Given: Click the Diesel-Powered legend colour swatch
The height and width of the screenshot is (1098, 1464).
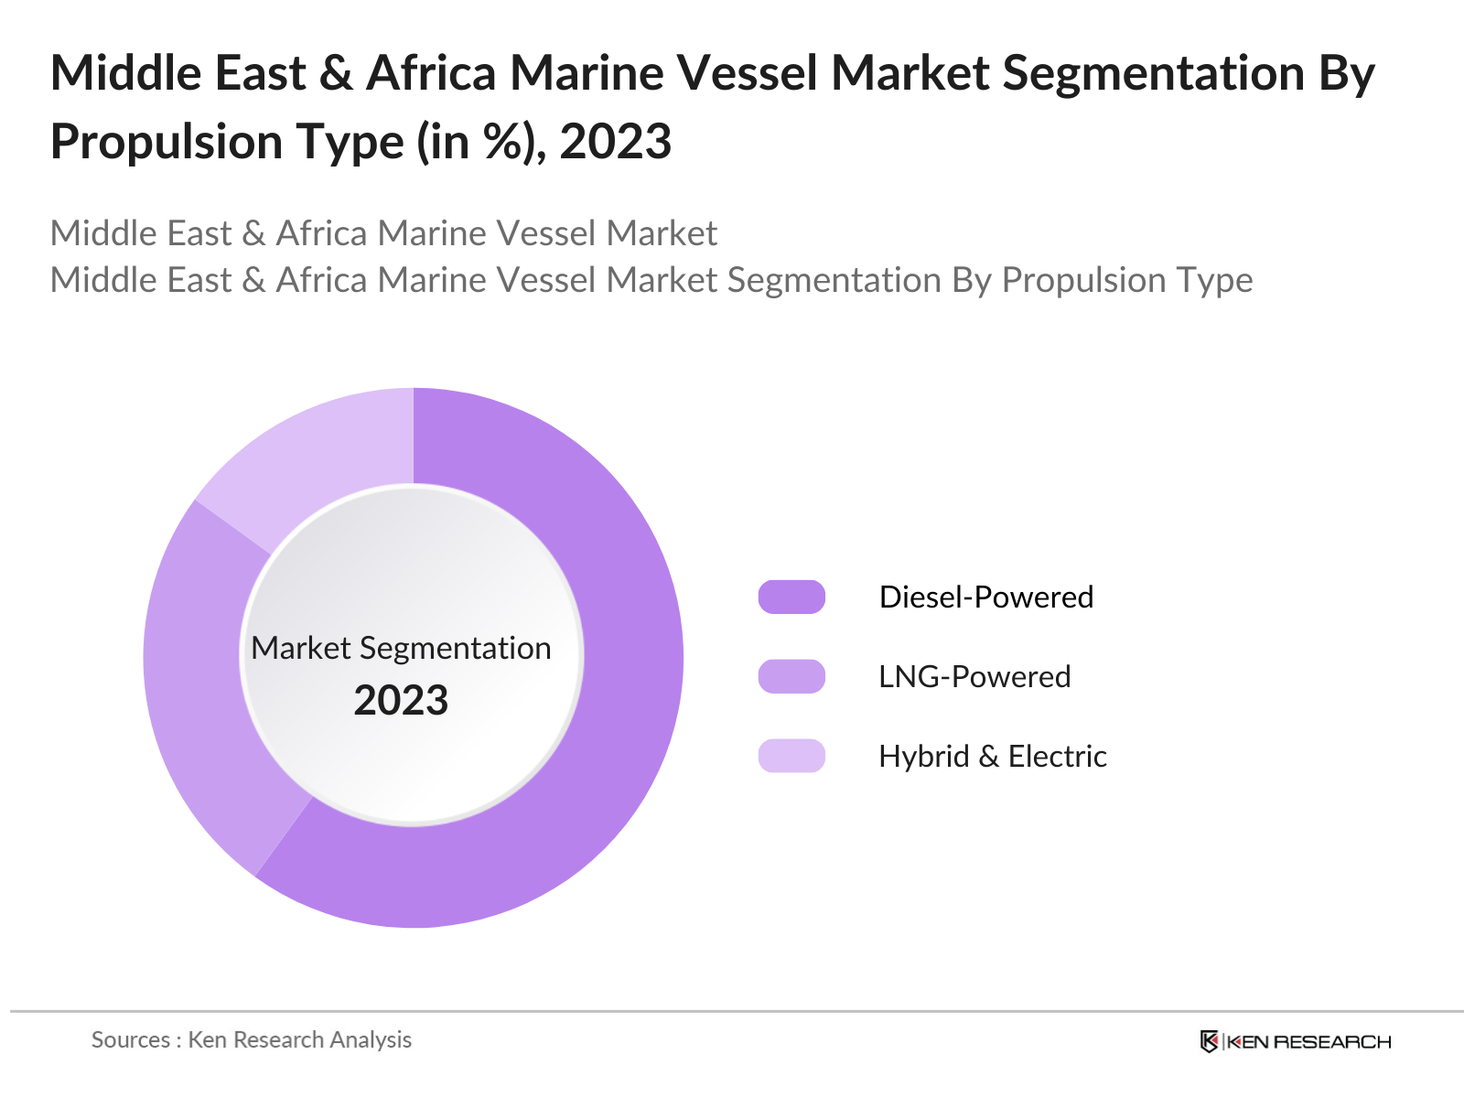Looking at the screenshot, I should (791, 597).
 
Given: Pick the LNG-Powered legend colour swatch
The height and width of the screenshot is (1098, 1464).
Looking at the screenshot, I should (791, 676).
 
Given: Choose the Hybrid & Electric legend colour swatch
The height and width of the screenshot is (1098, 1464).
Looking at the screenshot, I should (791, 756).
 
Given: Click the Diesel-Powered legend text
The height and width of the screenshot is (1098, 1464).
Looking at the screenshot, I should (985, 597).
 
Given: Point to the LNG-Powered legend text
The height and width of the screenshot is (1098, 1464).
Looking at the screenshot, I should (974, 676).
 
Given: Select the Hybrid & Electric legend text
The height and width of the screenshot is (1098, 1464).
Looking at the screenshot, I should (992, 756).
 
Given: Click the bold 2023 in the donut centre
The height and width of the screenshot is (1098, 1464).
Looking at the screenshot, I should (401, 701).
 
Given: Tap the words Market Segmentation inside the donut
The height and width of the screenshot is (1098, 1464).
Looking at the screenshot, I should (401, 648).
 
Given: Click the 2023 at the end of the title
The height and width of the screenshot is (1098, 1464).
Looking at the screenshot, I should (615, 142).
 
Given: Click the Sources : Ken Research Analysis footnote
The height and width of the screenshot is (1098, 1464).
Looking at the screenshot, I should (251, 1039).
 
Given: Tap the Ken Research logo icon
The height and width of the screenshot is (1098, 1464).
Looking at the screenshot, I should (1209, 1041).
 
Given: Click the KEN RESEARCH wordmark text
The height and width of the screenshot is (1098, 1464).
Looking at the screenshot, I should (1308, 1041).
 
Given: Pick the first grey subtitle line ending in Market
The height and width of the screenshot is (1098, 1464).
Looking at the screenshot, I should (383, 233).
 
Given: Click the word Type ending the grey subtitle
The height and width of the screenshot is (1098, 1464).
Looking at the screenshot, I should (1218, 280).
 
